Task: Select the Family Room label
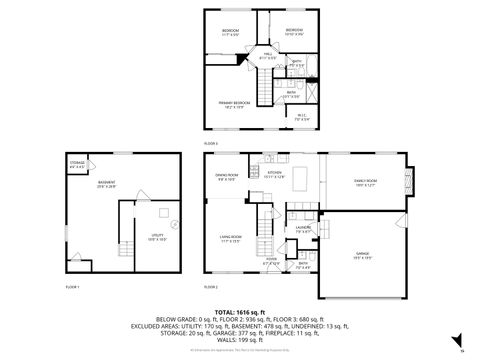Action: pyautogui.click(x=365, y=182)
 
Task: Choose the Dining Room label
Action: pyautogui.click(x=227, y=177)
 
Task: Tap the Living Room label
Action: pyautogui.click(x=232, y=238)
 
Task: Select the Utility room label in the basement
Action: pyautogui.click(x=142, y=238)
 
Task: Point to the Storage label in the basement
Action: pyautogui.click(x=78, y=163)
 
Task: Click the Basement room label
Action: pyautogui.click(x=106, y=183)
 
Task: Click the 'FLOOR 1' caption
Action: pyautogui.click(x=72, y=287)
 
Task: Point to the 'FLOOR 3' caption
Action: pyautogui.click(x=211, y=143)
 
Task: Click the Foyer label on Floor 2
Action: pyautogui.click(x=271, y=261)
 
